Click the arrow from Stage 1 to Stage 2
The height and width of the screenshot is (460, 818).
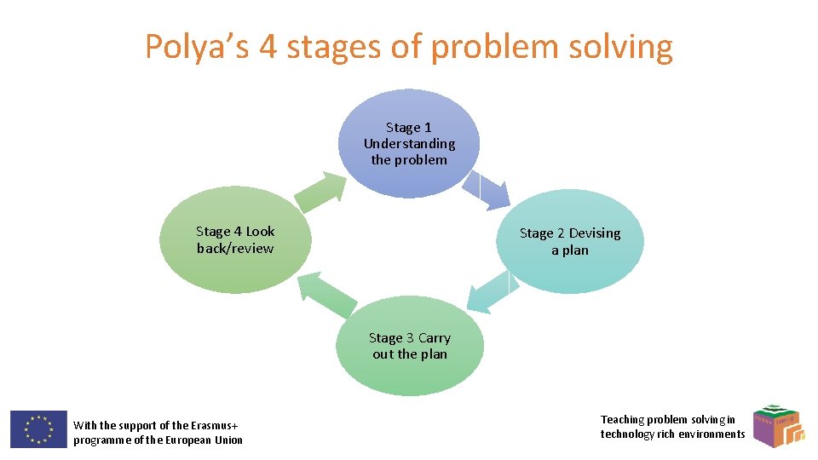tap(493, 188)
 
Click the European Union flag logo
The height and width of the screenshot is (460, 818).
tap(38, 428)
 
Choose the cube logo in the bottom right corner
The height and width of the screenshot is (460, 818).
tap(779, 425)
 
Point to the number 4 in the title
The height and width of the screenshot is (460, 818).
tap(268, 47)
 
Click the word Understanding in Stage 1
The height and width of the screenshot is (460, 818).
tap(409, 144)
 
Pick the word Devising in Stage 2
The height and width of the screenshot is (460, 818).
tap(595, 233)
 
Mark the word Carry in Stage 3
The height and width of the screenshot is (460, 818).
tap(434, 338)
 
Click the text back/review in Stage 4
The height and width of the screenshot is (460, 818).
tap(235, 249)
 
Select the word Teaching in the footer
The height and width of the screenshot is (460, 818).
tap(622, 419)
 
